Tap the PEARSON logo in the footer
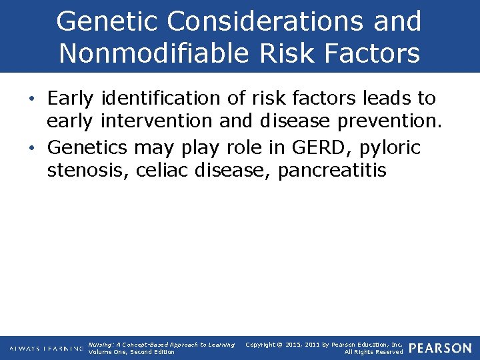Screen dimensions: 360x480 point(440,348)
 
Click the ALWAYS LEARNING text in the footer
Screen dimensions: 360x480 point(46,349)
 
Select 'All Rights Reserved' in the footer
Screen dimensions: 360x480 point(373,352)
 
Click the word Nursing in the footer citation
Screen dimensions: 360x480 point(101,345)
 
